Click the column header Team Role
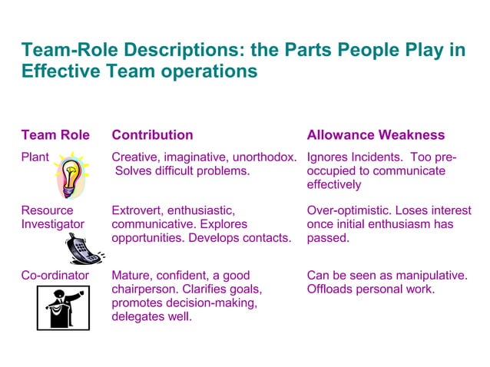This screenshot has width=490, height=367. pyautogui.click(x=55, y=135)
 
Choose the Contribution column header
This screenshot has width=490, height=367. pyautogui.click(x=152, y=135)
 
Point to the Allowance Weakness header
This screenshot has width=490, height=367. pyautogui.click(x=376, y=135)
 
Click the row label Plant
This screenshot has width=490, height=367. pyautogui.click(x=35, y=157)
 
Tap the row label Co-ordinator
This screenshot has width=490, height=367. pyautogui.click(x=55, y=275)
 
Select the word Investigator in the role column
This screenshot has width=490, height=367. pyautogui.click(x=52, y=224)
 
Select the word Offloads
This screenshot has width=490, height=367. pyautogui.click(x=331, y=289)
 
